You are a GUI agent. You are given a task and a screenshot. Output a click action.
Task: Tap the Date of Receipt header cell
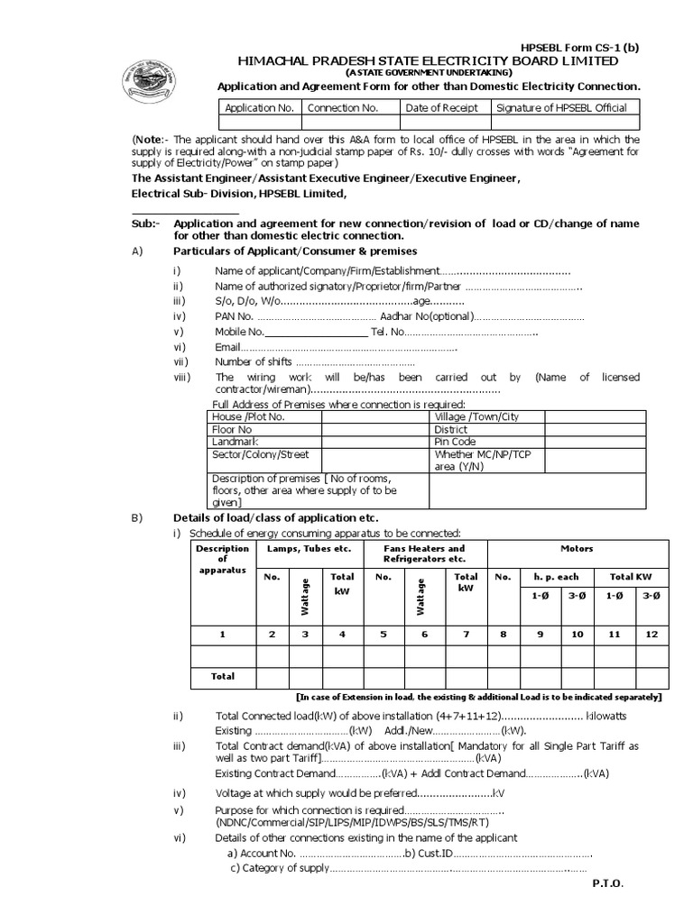[x=443, y=108]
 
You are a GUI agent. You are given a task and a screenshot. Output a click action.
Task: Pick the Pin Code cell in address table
[x=455, y=443]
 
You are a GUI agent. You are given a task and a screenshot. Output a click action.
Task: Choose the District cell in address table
[x=451, y=430]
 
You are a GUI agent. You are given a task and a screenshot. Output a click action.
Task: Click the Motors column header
[x=577, y=548]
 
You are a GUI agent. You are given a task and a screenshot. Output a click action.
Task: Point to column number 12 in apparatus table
[x=650, y=635]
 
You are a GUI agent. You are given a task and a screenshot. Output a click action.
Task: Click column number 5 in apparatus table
[x=383, y=635]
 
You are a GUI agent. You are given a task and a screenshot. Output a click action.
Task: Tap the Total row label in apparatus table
[x=222, y=676]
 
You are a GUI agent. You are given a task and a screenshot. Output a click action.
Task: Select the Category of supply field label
[x=280, y=869]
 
